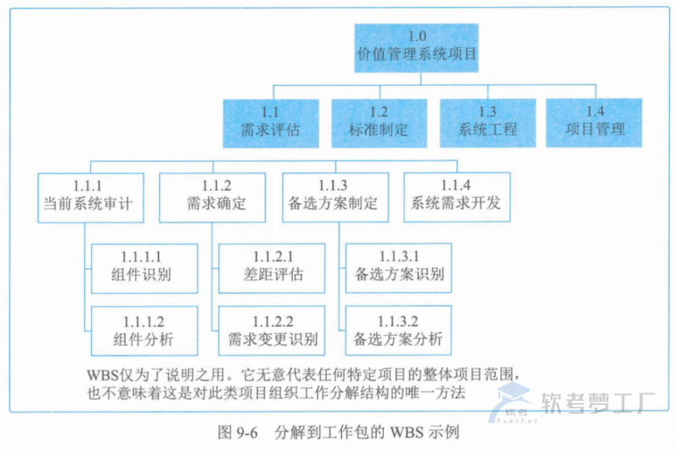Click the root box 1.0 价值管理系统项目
pos(416,47)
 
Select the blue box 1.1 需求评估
pos(270,123)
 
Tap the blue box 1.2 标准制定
pos(378,123)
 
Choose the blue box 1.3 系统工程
pos(487,123)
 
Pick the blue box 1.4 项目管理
pos(594,123)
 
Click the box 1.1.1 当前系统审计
pos(91,197)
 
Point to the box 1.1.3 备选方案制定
pos(335,197)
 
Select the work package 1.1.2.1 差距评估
pos(273,268)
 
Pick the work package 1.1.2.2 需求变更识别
pos(273,331)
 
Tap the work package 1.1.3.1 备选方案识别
pos(398,268)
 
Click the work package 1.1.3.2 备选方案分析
pos(398,331)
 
